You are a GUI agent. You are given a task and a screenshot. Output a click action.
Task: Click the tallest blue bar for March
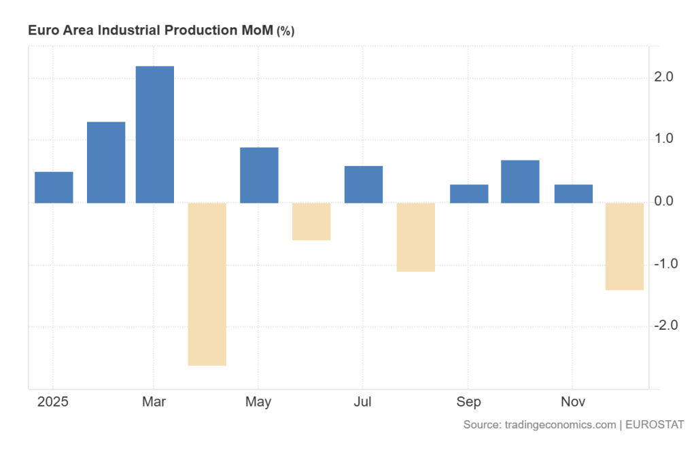[x=155, y=134]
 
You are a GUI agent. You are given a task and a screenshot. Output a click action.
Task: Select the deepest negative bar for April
[x=207, y=284]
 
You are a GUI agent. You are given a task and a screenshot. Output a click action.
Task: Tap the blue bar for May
[x=259, y=175]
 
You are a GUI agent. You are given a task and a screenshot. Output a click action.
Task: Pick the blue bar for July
[x=364, y=184]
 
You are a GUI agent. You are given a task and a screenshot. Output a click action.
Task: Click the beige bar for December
[x=625, y=246]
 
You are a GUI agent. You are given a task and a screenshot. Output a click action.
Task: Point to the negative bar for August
[x=416, y=237]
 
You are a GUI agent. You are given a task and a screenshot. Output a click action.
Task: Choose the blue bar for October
[x=520, y=182]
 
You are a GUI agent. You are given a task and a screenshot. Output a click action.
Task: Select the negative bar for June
[x=311, y=221]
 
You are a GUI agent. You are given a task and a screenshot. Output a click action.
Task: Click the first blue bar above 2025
[x=54, y=187]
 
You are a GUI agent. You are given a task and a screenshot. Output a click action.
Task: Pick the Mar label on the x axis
[x=154, y=402]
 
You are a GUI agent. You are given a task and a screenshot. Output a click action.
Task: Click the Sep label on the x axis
[x=468, y=402]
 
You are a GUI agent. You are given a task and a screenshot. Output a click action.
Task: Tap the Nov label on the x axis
[x=572, y=402]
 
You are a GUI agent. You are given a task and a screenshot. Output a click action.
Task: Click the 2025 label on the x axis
[x=53, y=402]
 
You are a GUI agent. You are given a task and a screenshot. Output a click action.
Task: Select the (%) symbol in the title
[x=285, y=31]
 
